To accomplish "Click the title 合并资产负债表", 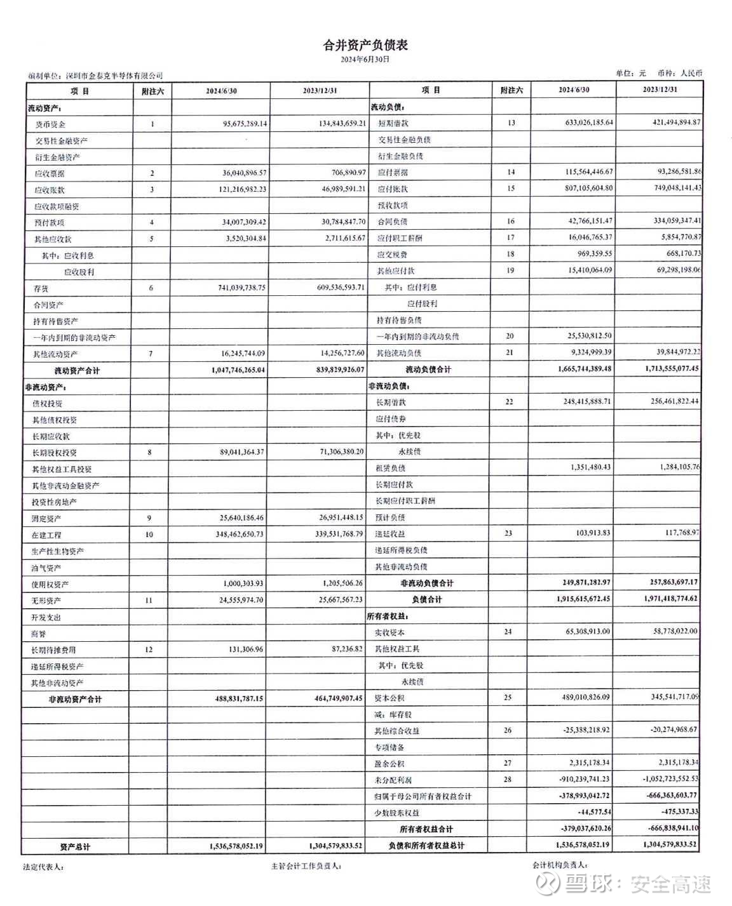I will (365, 45).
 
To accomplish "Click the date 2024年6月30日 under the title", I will (365, 59).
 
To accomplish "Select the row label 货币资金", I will (50, 124).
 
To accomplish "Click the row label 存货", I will (41, 288).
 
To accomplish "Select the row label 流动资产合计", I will (77, 371).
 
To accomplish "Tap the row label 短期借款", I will (393, 123).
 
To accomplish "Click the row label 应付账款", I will (393, 189).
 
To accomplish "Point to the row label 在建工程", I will (46, 535).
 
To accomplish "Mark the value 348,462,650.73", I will (240, 534).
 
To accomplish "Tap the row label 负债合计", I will (426, 599).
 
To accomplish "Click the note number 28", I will (507, 780).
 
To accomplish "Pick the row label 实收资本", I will (390, 633).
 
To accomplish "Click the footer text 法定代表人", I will (43, 867).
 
